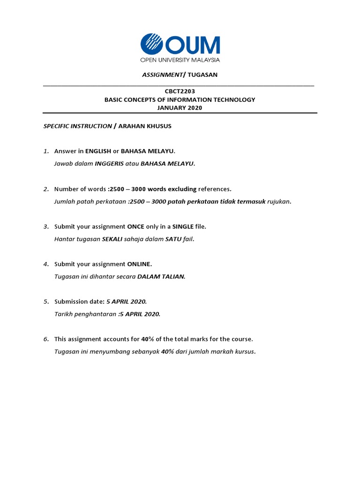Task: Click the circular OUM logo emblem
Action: point(152,45)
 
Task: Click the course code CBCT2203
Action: point(180,91)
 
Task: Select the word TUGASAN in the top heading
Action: point(202,75)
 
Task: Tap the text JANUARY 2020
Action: point(180,107)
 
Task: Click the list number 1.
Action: point(46,151)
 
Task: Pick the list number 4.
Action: point(46,264)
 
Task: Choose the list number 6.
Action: point(46,339)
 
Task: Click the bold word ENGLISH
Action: point(98,151)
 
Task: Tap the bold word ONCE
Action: point(135,226)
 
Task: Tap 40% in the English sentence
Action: point(148,339)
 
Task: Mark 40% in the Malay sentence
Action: point(168,352)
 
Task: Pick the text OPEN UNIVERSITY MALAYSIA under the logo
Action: point(180,60)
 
